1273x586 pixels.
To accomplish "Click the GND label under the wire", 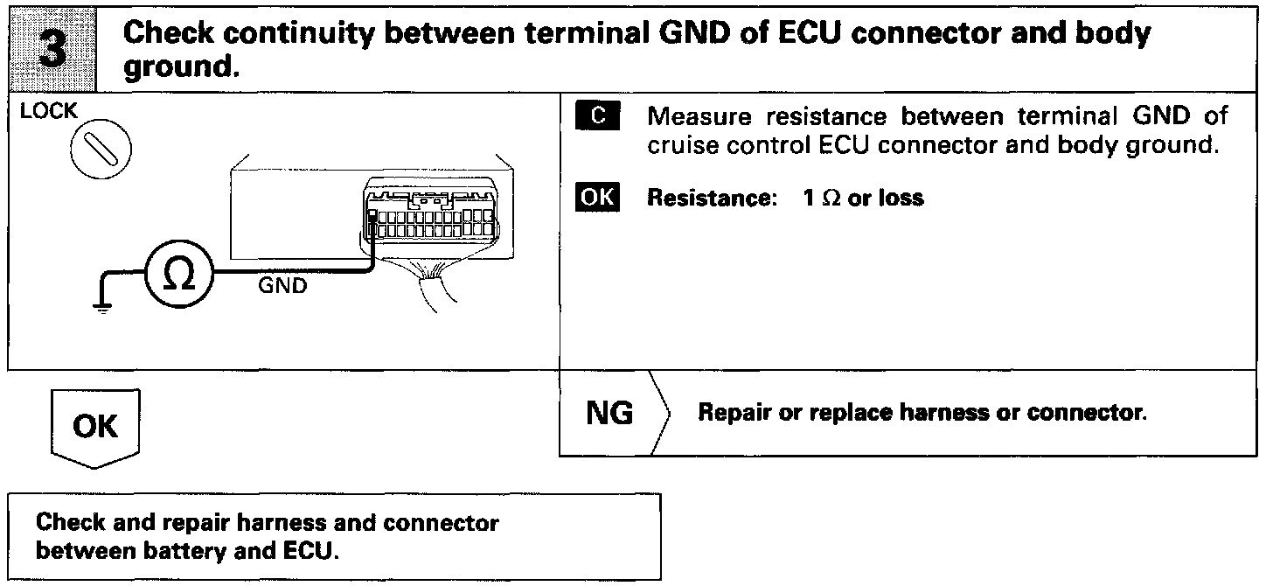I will click(x=282, y=286).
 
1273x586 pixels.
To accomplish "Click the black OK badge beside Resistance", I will click(x=598, y=199).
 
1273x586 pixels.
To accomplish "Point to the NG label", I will click(x=609, y=413).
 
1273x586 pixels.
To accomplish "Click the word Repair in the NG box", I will click(x=727, y=413).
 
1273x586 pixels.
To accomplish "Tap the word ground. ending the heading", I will click(x=182, y=66).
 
